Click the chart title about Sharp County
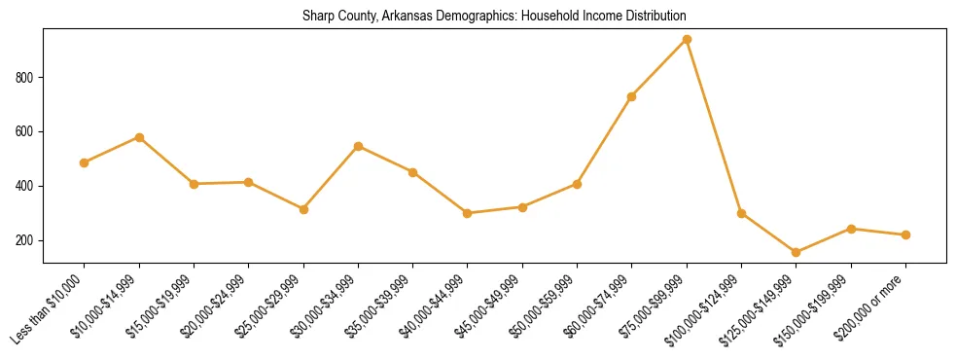494,16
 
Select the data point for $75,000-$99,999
687,39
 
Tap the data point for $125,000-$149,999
797,252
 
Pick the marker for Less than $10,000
85,162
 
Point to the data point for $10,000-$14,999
139,137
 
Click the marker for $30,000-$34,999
358,146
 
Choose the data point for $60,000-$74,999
632,96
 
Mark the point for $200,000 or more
905,234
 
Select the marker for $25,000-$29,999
303,209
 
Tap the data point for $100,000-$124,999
741,213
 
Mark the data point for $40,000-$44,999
468,213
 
